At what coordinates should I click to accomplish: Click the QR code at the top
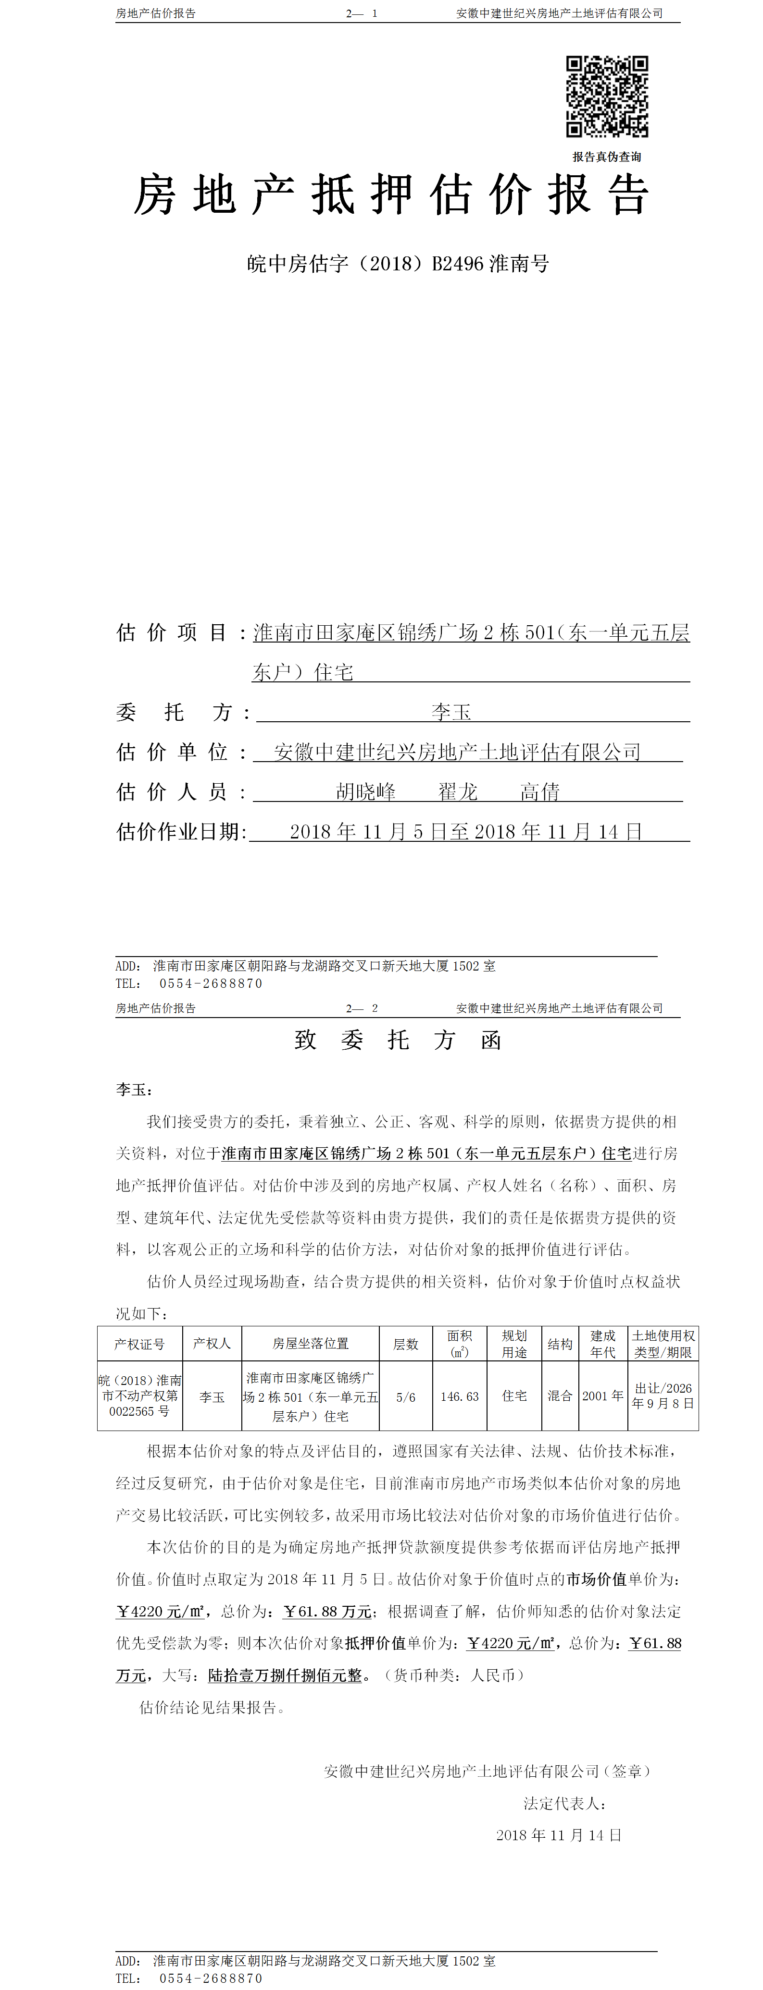pos(607,97)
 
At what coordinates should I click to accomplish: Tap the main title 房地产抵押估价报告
pos(390,194)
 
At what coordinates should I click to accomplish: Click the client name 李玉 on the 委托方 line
pos(451,712)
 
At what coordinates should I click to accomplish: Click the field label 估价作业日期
pos(181,831)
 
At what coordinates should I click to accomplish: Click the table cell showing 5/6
pos(405,1397)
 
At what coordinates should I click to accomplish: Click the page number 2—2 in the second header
pos(362,1008)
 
